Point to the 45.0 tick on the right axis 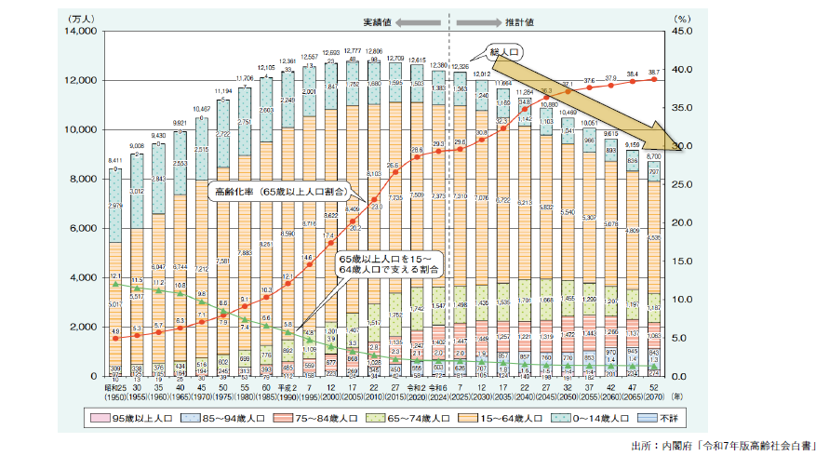(x=680, y=32)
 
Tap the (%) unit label (x=680, y=17)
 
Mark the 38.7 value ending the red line (x=654, y=72)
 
